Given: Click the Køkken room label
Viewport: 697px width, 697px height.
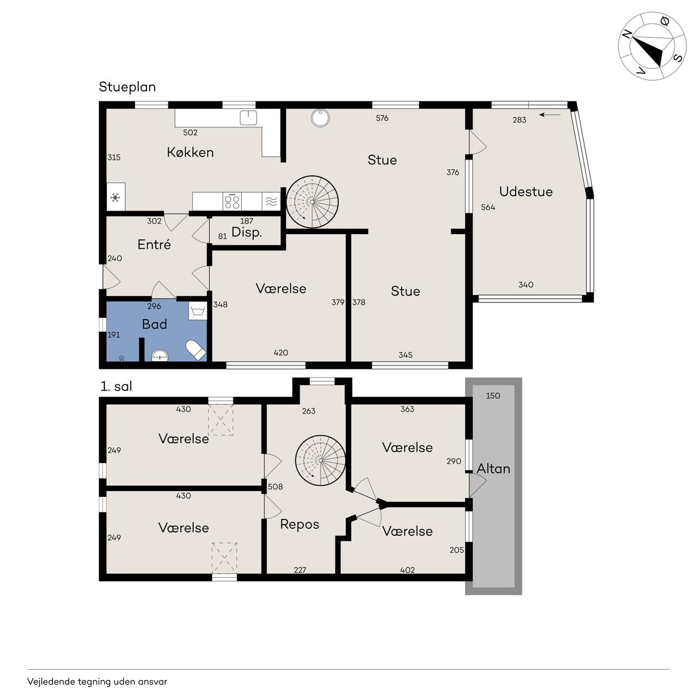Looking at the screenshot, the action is coord(190,152).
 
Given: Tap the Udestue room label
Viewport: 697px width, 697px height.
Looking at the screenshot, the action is coord(525,191).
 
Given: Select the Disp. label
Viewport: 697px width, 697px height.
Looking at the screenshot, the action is coord(247,232).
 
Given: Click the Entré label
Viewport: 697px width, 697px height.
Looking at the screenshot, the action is coord(154,244).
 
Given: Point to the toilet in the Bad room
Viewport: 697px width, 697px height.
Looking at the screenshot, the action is coord(195,350).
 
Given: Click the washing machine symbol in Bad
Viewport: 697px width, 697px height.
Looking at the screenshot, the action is coord(198,311).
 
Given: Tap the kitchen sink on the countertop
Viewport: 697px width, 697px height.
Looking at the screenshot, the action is coord(248,118).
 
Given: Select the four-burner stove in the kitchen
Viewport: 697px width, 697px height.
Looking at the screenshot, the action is coord(232,201).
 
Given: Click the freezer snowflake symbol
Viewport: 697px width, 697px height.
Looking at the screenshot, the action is coord(115,198).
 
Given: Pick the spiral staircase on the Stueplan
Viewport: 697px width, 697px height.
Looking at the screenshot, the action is coord(312,202).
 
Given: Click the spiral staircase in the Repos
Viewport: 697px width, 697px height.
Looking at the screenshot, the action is coord(321,461).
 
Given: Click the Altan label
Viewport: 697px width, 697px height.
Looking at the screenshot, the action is coord(493,469).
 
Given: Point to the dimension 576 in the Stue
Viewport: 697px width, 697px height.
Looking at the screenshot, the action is coord(382,118).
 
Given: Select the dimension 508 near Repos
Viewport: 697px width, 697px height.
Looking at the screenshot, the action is coord(275,486).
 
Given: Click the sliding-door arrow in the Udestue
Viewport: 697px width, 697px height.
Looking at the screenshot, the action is coord(550,115).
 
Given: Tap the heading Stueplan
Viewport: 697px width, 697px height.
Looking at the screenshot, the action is coord(127,87).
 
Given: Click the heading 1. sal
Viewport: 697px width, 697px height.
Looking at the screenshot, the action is coord(116,386).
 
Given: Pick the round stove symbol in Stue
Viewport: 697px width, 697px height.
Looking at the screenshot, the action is coord(321,118).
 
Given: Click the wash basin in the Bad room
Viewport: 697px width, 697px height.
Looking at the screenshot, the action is coord(160,355).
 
